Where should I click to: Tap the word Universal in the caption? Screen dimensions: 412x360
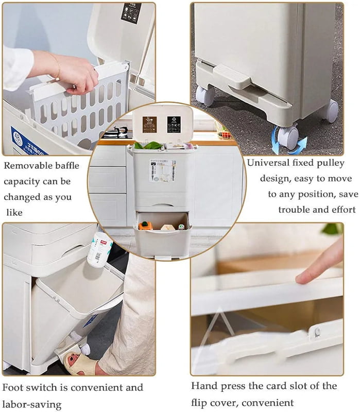pos(268,163)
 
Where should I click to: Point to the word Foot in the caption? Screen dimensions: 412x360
pos(13,387)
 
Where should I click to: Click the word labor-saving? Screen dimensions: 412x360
pos(32,403)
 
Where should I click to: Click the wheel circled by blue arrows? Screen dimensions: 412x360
pos(288,138)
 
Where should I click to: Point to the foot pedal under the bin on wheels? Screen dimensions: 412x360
pos(232,77)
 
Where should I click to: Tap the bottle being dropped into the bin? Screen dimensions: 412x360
pos(100,249)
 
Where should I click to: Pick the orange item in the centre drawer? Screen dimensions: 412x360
pos(146,225)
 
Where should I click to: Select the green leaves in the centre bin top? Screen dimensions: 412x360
pos(149,145)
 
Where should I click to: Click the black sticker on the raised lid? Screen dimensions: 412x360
pos(131,13)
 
